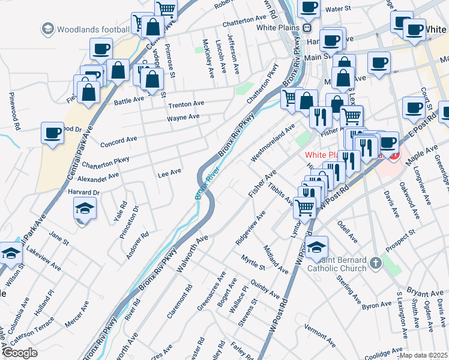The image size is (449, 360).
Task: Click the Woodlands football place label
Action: tap(92, 28)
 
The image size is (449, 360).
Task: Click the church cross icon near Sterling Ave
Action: tap(375, 263)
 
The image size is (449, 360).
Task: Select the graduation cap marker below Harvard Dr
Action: tap(85, 209)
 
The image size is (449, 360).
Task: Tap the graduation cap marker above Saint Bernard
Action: tap(316, 246)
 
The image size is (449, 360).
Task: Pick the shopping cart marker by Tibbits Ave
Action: tap(305, 206)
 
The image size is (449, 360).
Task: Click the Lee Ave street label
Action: tap(169, 173)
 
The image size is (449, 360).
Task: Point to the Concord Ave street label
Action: tap(119, 142)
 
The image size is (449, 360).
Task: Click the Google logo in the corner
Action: tap(20, 353)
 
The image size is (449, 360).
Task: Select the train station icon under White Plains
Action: tap(307, 28)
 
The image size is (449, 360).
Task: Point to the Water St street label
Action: tap(337, 10)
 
